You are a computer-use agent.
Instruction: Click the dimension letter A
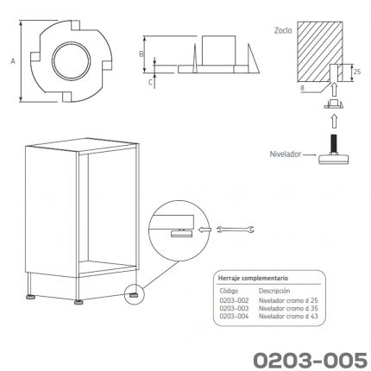pos(13,61)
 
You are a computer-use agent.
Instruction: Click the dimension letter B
pos(141,53)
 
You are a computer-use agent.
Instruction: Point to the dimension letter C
pos(150,82)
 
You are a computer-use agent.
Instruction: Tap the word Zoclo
pos(283,30)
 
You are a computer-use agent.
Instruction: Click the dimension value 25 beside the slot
pos(357,72)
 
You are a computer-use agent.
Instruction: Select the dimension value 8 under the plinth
pos(302,88)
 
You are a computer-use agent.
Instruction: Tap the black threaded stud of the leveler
pos(334,144)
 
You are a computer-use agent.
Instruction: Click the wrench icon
pos(236,230)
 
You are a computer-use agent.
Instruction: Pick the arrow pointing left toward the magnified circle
pos(204,230)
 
